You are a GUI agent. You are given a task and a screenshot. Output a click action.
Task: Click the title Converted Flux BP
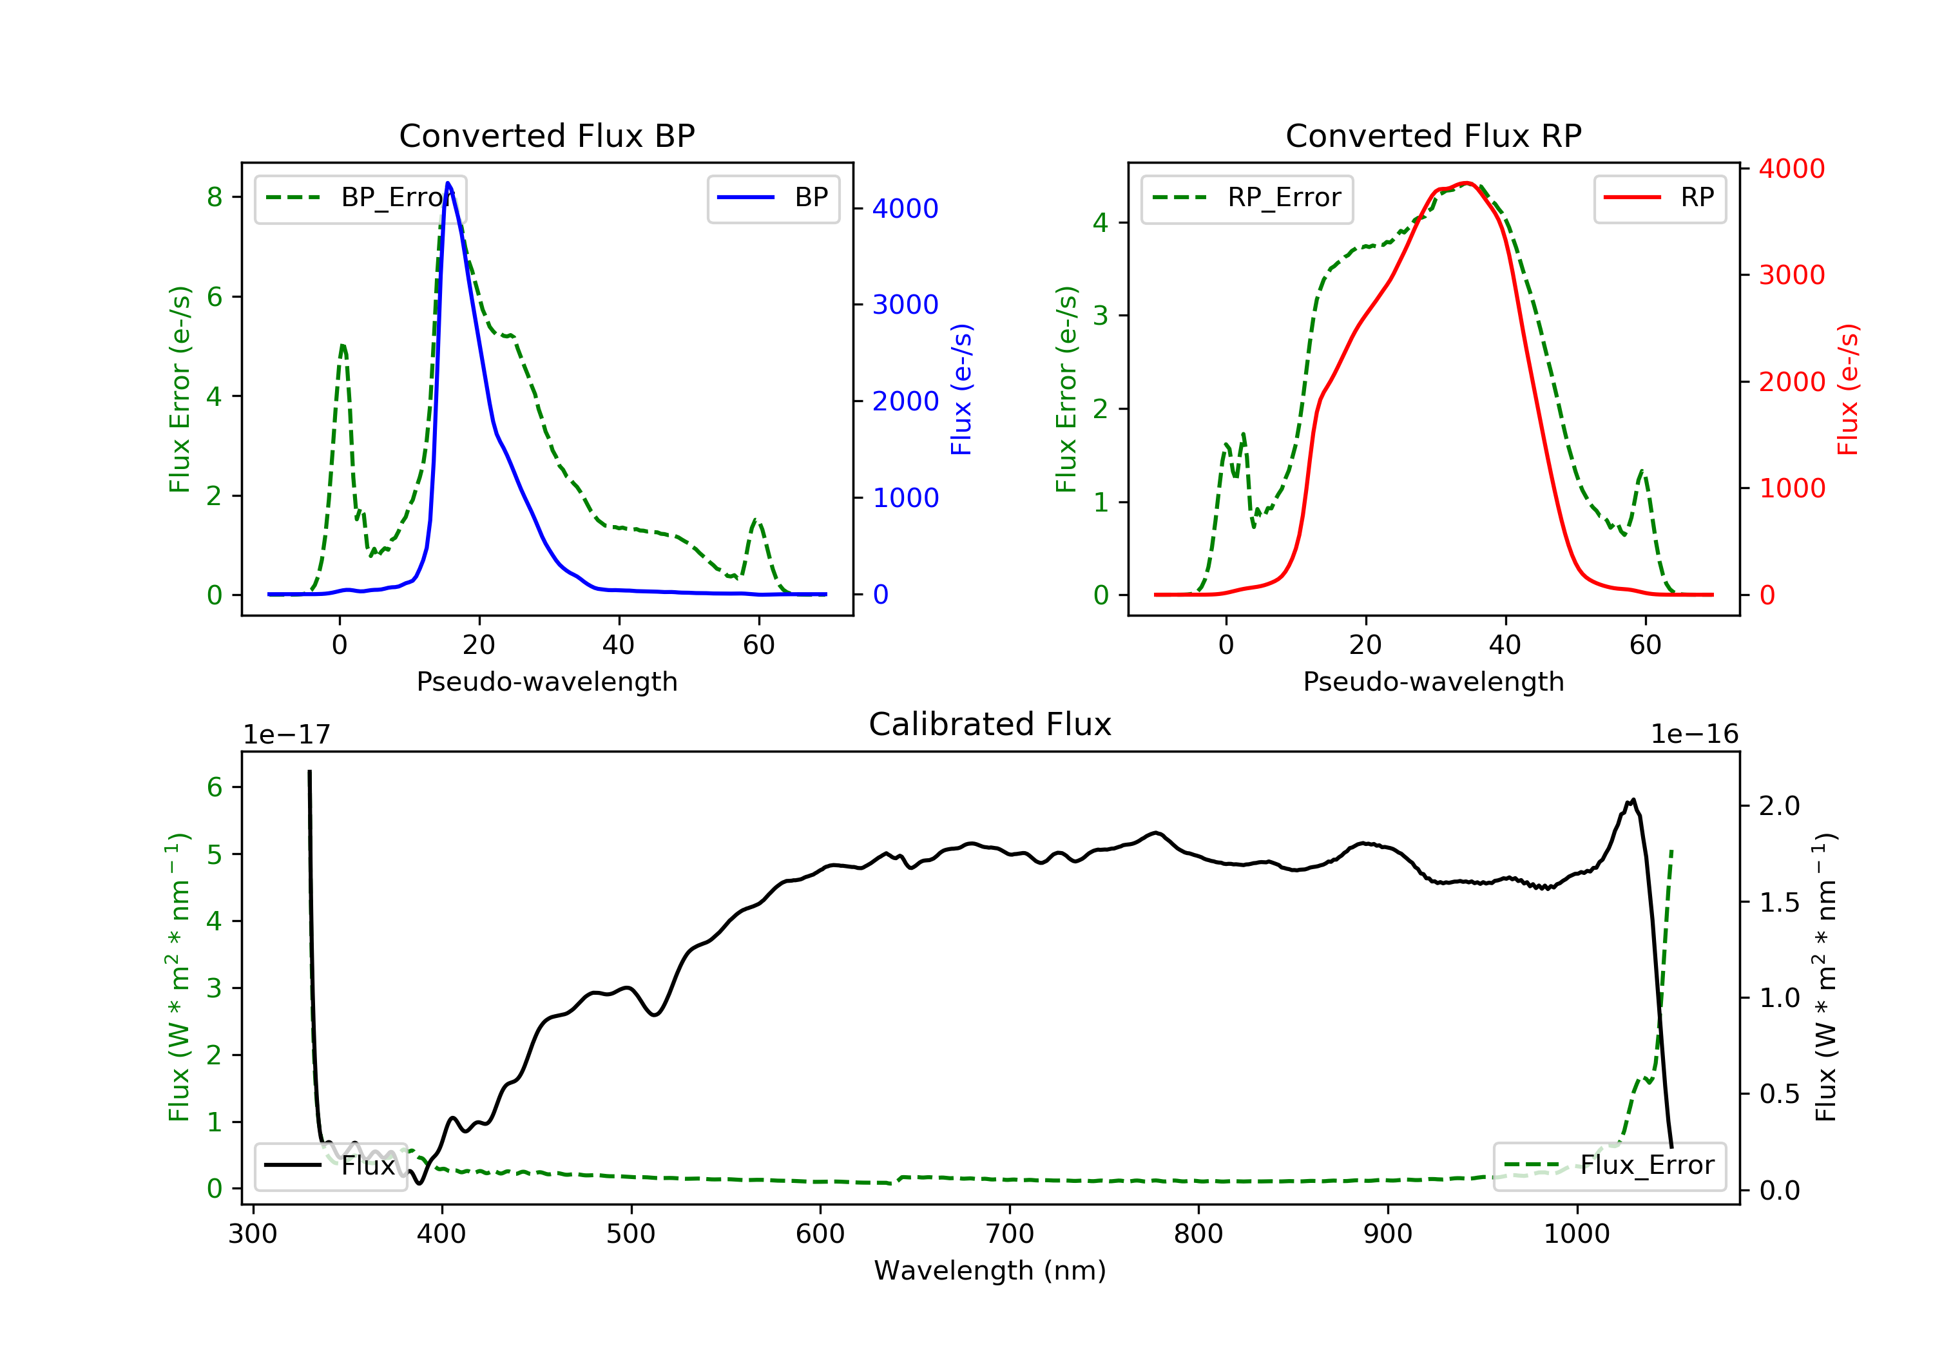point(547,135)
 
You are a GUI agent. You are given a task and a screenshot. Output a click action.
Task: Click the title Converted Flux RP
point(1434,135)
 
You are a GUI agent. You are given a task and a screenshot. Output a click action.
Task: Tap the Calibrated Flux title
point(990,724)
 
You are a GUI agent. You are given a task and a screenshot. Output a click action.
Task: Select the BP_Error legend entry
point(360,198)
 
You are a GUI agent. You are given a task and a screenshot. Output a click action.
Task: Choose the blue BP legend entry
point(773,198)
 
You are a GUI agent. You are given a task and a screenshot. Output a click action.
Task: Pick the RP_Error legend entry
point(1247,198)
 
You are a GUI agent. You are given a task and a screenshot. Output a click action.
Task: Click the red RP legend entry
point(1659,198)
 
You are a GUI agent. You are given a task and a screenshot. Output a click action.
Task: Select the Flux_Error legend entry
point(1609,1166)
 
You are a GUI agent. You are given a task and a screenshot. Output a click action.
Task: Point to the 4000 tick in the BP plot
point(905,208)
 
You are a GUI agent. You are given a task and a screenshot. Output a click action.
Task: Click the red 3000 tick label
point(1791,274)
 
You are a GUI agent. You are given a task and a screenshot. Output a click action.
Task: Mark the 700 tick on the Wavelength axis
point(1010,1233)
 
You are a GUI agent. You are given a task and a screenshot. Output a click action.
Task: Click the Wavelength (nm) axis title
point(990,1270)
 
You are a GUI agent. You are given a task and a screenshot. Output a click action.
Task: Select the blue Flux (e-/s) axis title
point(961,390)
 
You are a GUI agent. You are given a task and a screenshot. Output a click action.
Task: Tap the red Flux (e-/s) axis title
point(1848,390)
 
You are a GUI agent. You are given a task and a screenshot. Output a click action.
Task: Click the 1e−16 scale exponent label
point(1694,734)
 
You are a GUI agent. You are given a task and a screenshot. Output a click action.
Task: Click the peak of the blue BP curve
point(448,183)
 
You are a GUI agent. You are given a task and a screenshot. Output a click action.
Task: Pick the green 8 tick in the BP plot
point(215,197)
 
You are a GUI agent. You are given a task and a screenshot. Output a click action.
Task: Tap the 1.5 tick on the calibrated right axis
point(1779,903)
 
